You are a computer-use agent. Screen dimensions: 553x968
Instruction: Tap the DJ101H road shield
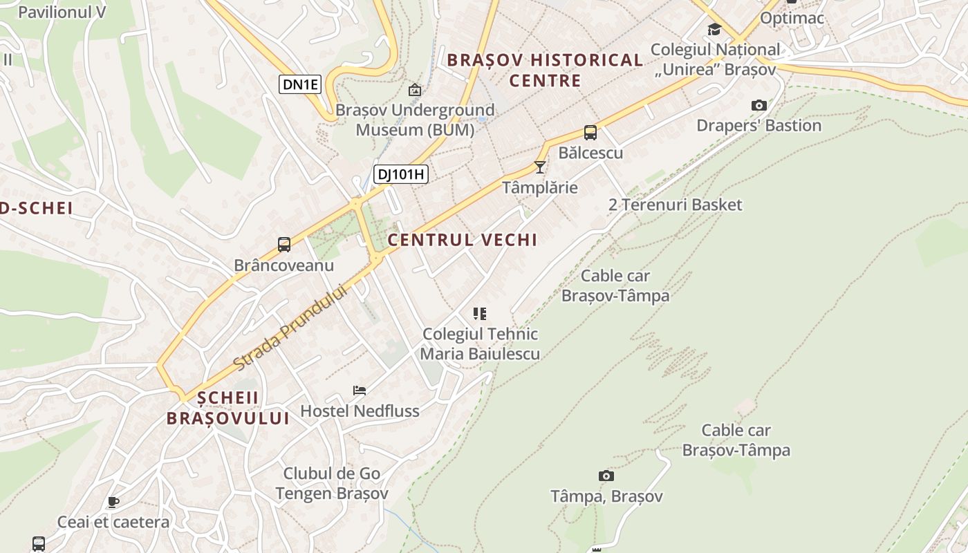tap(401, 174)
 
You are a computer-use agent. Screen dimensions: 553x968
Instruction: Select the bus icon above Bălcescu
tap(590, 133)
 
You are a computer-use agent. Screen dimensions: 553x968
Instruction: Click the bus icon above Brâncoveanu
tap(284, 244)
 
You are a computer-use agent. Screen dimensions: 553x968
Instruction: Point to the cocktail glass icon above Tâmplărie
tap(540, 167)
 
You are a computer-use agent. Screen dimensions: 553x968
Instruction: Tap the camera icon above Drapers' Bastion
tap(759, 106)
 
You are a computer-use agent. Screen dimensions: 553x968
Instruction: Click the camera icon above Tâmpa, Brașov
tap(606, 476)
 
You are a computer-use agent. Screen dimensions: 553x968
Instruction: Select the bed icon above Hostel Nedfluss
tap(360, 391)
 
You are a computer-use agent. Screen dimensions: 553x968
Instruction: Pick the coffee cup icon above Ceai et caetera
tap(113, 502)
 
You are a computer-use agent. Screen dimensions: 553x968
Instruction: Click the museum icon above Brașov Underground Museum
tap(415, 90)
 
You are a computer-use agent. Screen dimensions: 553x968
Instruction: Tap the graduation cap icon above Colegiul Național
tap(714, 30)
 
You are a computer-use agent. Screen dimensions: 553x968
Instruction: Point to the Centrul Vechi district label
tap(463, 240)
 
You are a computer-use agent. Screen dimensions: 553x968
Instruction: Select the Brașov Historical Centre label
tap(545, 70)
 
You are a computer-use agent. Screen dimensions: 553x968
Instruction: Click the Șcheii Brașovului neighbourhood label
tap(227, 408)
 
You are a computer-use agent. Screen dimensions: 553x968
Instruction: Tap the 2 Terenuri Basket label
tap(675, 205)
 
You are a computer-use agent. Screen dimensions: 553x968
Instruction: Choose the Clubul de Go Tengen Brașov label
tap(332, 484)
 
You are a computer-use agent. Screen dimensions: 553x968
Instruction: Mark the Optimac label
tap(792, 18)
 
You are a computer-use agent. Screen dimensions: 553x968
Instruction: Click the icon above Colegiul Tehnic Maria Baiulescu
tap(480, 314)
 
